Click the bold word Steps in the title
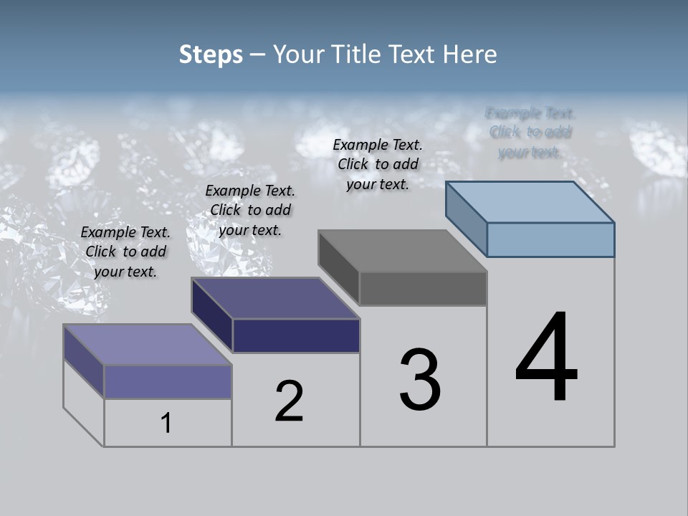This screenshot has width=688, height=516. tap(211, 54)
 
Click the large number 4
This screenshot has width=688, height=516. tap(546, 358)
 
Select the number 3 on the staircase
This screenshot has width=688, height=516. tap(420, 380)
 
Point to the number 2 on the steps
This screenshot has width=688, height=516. tap(290, 401)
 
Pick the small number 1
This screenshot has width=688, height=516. tap(166, 424)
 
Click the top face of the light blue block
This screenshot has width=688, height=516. tap(530, 202)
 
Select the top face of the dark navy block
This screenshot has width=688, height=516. tap(275, 298)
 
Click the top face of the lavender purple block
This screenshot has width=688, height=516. tap(148, 345)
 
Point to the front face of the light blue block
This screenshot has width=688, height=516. tap(550, 239)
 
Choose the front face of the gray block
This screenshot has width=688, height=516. tap(423, 289)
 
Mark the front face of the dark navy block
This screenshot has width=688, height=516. tap(296, 335)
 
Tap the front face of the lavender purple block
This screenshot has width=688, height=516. tap(168, 381)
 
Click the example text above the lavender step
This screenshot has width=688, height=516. tap(125, 252)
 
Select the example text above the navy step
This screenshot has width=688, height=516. tap(250, 210)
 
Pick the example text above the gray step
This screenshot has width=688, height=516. tap(378, 164)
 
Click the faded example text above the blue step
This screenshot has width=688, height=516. tap(530, 133)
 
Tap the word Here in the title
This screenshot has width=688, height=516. tap(470, 54)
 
